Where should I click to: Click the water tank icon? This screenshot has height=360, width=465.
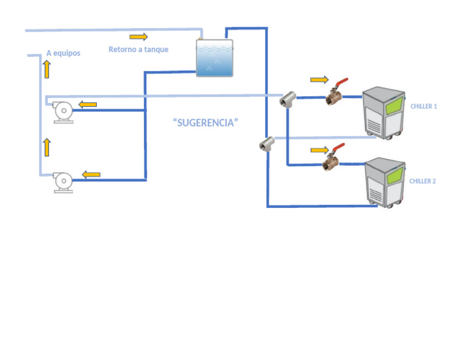point(214,58)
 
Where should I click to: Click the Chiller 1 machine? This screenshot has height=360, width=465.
point(383,113)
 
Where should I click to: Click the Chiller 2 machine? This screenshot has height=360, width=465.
point(384,182)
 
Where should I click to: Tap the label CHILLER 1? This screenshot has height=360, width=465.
point(423,106)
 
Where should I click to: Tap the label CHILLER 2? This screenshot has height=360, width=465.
point(423,181)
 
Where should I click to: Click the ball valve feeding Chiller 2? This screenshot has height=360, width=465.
point(332,160)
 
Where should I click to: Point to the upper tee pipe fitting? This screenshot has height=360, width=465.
point(287,99)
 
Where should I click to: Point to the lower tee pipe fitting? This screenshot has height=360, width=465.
point(265,144)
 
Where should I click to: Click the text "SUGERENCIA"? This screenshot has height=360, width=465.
point(205,122)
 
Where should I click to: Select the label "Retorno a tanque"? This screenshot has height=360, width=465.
point(138,50)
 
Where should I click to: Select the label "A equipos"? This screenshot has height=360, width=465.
point(63,53)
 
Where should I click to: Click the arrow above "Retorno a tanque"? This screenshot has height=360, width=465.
point(138,37)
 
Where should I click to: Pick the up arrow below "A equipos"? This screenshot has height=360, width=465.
point(47,69)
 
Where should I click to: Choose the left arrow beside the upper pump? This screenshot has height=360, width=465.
point(88,104)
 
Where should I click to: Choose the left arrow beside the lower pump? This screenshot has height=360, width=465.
point(91,175)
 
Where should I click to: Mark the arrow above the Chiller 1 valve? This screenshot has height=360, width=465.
point(319,79)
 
